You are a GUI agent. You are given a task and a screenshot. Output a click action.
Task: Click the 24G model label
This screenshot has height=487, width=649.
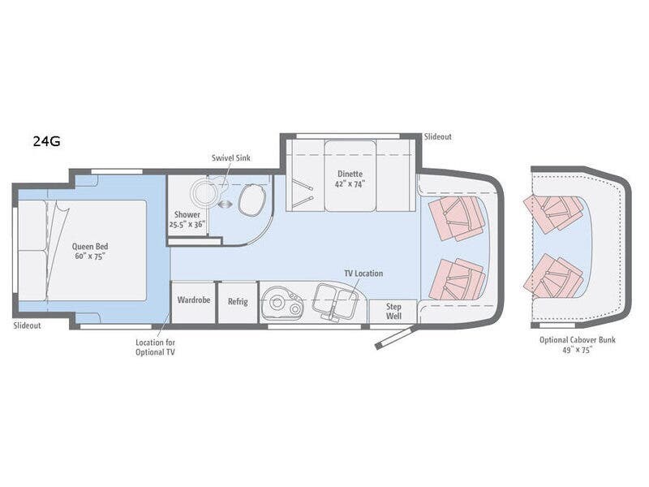pyautogui.click(x=46, y=140)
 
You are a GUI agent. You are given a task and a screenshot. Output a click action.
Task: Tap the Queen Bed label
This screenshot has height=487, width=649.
pyautogui.click(x=89, y=251)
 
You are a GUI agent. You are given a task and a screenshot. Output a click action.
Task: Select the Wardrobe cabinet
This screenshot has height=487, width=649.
pyautogui.click(x=194, y=301)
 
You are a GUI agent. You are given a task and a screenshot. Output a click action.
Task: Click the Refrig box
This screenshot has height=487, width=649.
pyautogui.click(x=238, y=301)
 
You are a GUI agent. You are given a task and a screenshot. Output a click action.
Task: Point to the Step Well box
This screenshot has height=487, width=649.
pyautogui.click(x=393, y=312)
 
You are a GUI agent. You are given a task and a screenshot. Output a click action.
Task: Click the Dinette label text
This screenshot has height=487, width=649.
pyautogui.click(x=351, y=178)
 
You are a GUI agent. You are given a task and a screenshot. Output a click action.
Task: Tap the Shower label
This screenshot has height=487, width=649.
pyautogui.click(x=187, y=219)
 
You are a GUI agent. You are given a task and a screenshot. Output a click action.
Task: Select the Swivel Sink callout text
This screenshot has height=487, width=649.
pyautogui.click(x=231, y=157)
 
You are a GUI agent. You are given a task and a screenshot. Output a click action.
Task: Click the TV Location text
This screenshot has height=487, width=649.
pyautogui.click(x=363, y=274)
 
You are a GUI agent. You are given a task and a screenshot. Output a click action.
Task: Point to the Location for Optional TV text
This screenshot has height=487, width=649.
pyautogui.click(x=155, y=347)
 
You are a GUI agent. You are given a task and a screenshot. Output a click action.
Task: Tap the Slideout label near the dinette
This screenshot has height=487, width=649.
pyautogui.click(x=437, y=137)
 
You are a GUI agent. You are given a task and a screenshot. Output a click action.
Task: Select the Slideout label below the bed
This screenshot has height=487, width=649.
pyautogui.click(x=28, y=325)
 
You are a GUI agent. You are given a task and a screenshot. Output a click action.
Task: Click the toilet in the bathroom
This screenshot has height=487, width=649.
pyautogui.click(x=251, y=200)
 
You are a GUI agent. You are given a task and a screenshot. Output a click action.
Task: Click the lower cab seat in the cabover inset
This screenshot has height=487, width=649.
pyautogui.click(x=554, y=277)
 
